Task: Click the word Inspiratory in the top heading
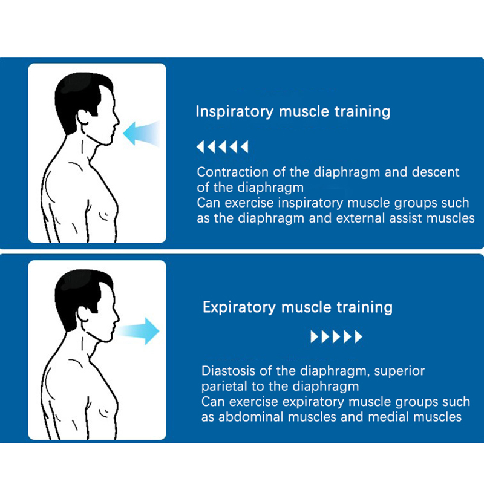tap(235, 112)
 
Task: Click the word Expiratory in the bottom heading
tap(239, 308)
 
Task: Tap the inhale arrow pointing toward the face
tap(142, 133)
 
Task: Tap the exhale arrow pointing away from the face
tap(138, 331)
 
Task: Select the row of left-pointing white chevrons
tap(222, 147)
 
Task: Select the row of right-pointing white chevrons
tap(336, 337)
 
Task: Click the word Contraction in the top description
tap(233, 172)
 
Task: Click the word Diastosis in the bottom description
tap(229, 371)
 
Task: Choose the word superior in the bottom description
tap(399, 371)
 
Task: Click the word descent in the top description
tap(436, 172)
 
